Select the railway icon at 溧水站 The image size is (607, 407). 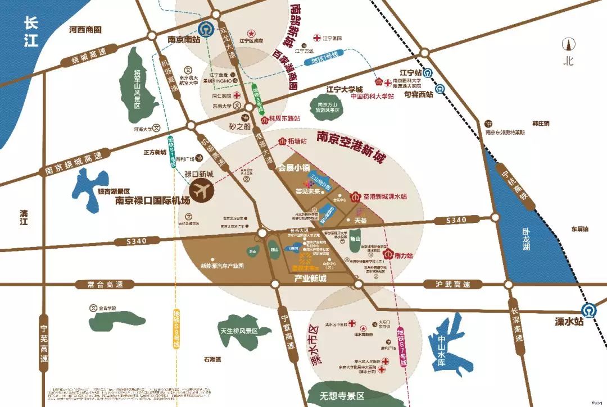(x=588, y=309)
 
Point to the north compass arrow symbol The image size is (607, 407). (x=569, y=44)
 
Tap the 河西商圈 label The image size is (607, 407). (x=85, y=30)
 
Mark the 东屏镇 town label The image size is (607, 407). (x=579, y=229)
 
